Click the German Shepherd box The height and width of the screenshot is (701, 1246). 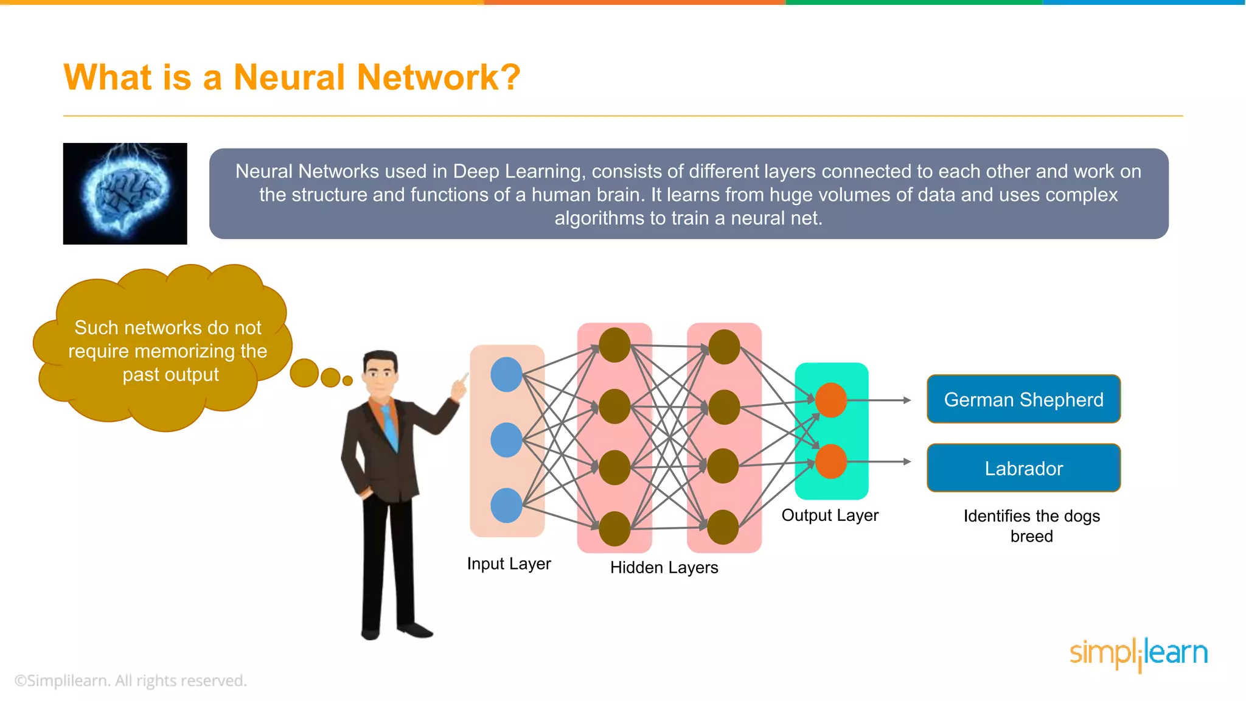coord(1023,399)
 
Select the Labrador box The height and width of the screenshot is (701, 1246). coord(1023,468)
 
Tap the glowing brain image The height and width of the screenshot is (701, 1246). coord(125,194)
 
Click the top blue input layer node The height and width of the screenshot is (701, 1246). coord(506,374)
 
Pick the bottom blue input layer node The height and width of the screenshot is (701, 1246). coord(506,505)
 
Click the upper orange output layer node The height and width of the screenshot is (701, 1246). coord(831,400)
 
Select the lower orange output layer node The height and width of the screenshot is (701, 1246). coord(831,461)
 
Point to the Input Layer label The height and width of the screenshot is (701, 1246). coord(509,563)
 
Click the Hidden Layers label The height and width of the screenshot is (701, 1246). coord(664,567)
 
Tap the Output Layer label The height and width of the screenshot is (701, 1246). coord(830,515)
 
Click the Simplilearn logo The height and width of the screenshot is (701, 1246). coord(1138,654)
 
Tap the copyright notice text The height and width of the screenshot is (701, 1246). coord(130,680)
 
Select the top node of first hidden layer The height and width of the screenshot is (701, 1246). coord(614,345)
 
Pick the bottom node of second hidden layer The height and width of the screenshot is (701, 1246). coord(723,527)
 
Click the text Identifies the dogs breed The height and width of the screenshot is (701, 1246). coord(1031,526)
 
